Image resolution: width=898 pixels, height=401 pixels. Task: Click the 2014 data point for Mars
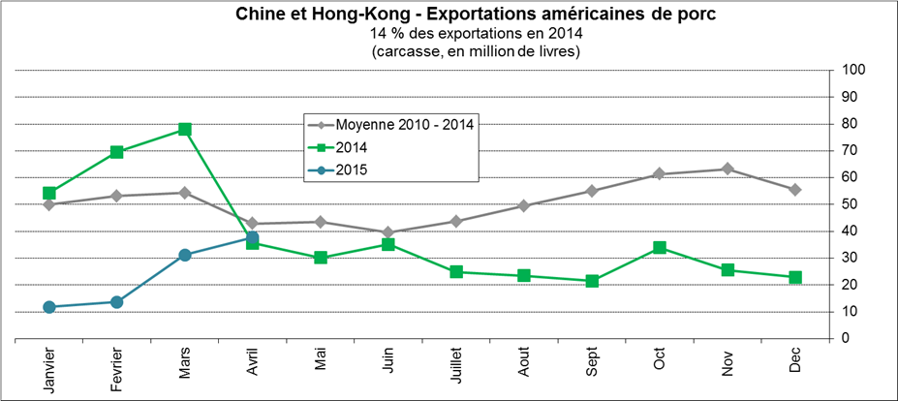pos(184,130)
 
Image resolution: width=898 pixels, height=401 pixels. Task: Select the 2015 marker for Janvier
pos(49,307)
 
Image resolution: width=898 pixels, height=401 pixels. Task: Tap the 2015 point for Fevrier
pos(117,302)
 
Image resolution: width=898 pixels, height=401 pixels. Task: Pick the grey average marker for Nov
pos(727,170)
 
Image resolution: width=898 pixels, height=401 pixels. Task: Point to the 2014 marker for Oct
pos(659,248)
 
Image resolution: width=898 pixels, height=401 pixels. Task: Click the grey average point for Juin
pos(387,232)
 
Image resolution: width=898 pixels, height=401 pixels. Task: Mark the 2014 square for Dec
pos(794,278)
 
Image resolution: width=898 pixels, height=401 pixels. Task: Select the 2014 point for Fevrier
pos(117,152)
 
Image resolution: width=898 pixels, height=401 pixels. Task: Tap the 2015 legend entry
pos(350,170)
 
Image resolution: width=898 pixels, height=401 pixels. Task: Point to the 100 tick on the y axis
pos(853,70)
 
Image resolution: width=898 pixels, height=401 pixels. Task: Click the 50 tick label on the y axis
pos(850,204)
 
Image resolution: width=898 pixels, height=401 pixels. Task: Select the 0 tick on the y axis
pos(846,339)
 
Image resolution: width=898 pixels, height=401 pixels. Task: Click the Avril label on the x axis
pos(253,368)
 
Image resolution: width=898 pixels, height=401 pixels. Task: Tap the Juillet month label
pos(455,371)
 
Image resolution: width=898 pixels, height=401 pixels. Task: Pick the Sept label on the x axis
pos(591,366)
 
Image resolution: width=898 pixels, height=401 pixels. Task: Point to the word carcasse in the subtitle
pos(408,51)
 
